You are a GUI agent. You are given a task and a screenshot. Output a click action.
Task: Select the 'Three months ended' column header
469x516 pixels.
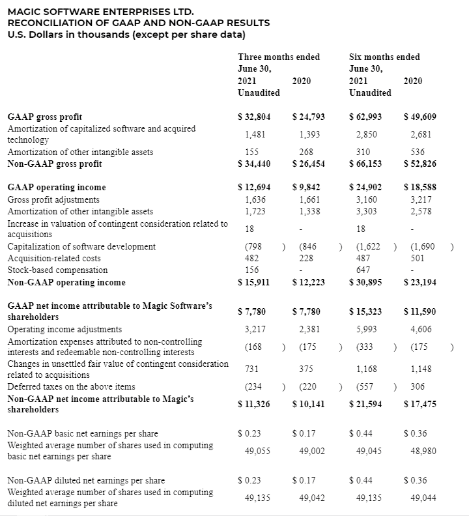point(279,57)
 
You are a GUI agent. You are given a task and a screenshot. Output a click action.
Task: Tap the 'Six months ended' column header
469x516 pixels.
point(384,57)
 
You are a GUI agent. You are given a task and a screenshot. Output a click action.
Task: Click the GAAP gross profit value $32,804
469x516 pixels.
point(253,117)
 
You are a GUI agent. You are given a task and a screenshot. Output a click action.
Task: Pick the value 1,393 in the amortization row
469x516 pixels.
point(309,134)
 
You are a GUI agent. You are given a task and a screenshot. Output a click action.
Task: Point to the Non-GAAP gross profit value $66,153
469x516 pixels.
point(365,164)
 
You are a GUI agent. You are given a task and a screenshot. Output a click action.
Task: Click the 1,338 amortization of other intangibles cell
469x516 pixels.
point(309,211)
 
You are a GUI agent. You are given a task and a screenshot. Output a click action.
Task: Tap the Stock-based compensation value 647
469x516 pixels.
point(364,270)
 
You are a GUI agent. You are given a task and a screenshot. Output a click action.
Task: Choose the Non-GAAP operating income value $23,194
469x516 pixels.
point(419,282)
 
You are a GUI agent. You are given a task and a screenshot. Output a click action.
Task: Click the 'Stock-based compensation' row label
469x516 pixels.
point(57,270)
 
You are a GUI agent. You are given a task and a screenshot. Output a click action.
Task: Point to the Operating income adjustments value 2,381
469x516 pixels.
point(309,329)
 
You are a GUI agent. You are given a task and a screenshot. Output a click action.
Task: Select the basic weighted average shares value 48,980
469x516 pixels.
point(419,451)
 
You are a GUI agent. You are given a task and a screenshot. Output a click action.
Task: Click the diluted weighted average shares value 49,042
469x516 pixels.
point(309,498)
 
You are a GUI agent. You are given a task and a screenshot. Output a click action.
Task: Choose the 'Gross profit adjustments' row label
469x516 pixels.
point(53,199)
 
